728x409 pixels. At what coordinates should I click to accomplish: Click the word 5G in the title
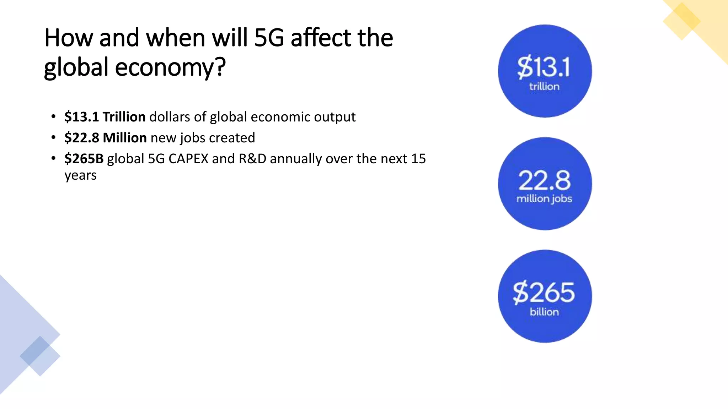click(x=269, y=38)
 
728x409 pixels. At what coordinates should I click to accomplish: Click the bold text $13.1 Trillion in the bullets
click(x=105, y=117)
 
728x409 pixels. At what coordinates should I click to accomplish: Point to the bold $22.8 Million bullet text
click(x=106, y=138)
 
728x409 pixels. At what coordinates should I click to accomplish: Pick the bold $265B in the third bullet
click(x=84, y=159)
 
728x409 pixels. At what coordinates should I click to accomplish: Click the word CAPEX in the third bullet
click(x=188, y=159)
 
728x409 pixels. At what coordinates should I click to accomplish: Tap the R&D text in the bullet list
click(x=252, y=159)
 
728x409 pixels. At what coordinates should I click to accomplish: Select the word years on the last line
click(x=80, y=176)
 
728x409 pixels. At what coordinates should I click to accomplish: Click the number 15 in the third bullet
click(x=418, y=159)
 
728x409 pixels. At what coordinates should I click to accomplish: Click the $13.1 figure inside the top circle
click(x=544, y=67)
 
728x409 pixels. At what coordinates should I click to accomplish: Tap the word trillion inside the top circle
click(x=544, y=87)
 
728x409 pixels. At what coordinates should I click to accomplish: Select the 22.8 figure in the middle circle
click(x=545, y=180)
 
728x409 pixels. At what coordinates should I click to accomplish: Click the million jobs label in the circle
click(x=544, y=199)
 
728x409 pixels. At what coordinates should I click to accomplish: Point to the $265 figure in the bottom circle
click(x=544, y=293)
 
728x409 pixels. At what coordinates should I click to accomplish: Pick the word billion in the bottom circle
click(x=544, y=312)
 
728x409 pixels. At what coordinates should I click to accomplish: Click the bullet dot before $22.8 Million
click(x=53, y=137)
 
